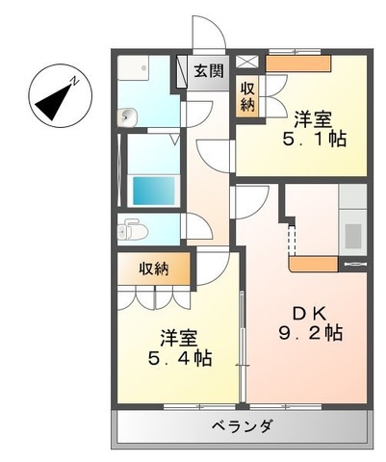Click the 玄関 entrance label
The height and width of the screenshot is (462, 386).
[x=207, y=70]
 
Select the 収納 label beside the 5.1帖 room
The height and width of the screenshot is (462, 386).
[x=247, y=94]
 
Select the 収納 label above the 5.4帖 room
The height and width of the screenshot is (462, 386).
[x=152, y=269]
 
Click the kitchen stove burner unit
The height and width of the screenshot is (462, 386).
[x=352, y=235]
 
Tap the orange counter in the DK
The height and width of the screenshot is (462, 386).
[x=313, y=262]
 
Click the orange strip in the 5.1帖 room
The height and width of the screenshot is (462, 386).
[x=297, y=63]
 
